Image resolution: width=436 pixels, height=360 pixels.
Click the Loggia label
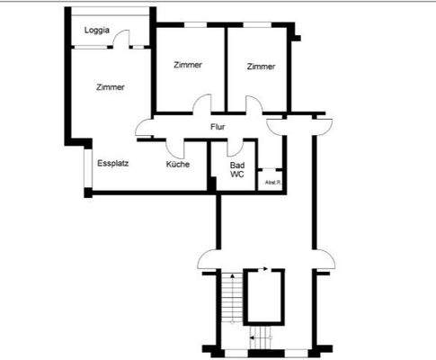[97, 31]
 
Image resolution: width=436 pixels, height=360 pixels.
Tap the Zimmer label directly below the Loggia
[110, 87]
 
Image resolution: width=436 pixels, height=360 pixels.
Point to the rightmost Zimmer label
[261, 66]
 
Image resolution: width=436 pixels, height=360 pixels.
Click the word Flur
[218, 127]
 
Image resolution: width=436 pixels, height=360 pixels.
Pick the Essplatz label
[113, 165]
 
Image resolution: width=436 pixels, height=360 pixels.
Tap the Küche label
[178, 165]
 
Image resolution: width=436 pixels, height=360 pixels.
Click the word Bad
[237, 166]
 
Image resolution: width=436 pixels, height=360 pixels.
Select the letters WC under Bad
[237, 175]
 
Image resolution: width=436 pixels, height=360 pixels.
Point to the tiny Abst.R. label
[271, 183]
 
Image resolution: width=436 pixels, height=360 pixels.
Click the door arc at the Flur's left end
[144, 129]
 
